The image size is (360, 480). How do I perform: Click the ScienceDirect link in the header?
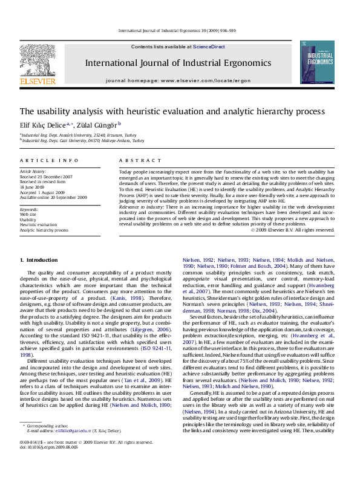(209, 47)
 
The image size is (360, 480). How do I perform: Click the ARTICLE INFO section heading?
(49, 160)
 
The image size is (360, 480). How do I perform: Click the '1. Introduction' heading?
(39, 260)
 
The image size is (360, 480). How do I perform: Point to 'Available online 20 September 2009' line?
(53, 198)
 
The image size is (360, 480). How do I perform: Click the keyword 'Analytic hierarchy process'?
(44, 230)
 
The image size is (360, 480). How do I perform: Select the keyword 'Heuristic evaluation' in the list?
(39, 225)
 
